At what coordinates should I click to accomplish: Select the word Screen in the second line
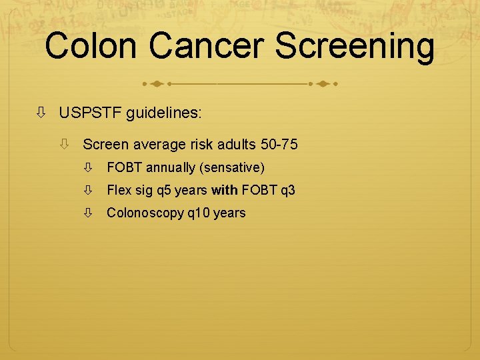point(105,144)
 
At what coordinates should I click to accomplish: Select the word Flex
point(119,191)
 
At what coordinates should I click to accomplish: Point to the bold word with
point(225,191)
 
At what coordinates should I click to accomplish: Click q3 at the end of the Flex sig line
point(287,191)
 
